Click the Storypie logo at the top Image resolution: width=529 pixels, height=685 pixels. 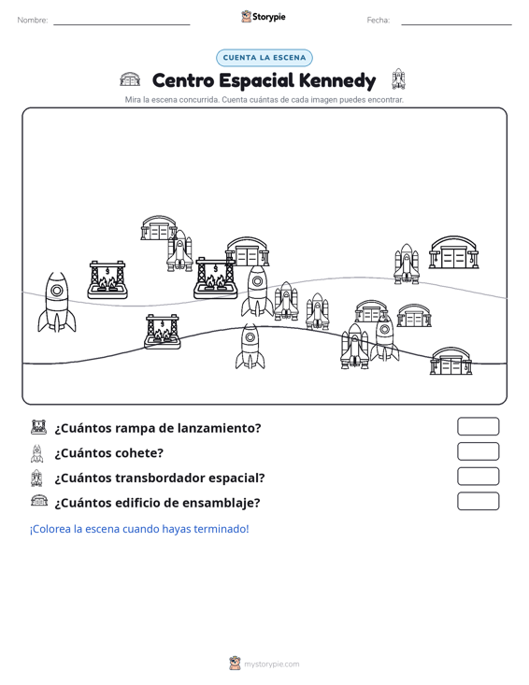(x=264, y=17)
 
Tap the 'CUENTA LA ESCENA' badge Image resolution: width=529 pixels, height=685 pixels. (x=264, y=58)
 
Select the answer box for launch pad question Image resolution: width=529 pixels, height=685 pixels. (x=478, y=426)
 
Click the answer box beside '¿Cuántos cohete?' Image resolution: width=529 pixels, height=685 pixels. (x=478, y=451)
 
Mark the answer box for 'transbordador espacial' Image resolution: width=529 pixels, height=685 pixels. (x=478, y=477)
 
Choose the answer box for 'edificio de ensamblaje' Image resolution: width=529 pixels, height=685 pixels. (x=478, y=501)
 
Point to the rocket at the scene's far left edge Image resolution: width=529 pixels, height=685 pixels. (x=57, y=302)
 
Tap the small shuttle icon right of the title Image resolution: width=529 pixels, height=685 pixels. (x=398, y=79)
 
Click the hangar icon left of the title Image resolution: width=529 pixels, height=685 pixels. (x=130, y=79)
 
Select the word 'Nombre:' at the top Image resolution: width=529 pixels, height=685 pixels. (x=33, y=21)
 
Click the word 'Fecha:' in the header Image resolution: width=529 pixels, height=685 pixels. (x=379, y=21)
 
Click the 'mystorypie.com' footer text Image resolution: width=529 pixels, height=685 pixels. (x=271, y=664)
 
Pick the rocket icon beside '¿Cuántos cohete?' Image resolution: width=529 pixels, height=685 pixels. (x=37, y=453)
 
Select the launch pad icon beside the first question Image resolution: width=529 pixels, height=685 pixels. (x=38, y=427)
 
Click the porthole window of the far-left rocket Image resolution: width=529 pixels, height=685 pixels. (x=57, y=291)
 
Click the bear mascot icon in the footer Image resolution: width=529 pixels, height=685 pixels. (x=235, y=664)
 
